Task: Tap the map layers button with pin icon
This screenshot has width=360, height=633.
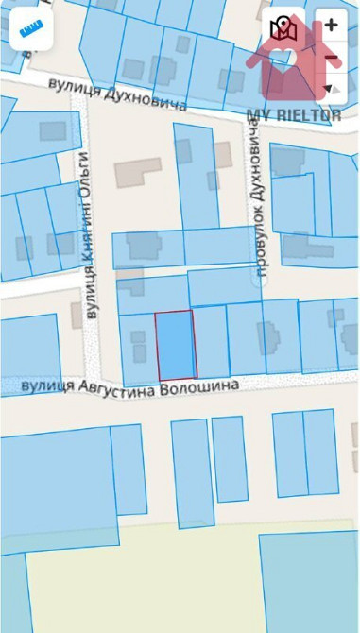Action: tap(283, 29)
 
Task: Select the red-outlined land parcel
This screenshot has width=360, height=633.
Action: tap(175, 346)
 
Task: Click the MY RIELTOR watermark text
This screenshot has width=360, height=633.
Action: tap(294, 115)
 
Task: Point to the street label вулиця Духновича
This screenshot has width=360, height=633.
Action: tap(119, 94)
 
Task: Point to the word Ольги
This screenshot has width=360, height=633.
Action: tap(84, 171)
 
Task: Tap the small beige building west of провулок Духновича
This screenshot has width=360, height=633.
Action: tap(223, 154)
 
